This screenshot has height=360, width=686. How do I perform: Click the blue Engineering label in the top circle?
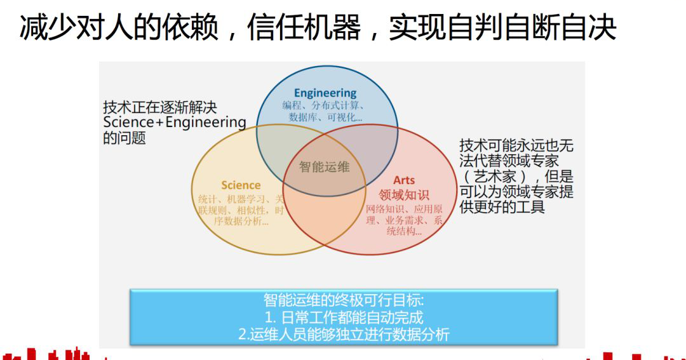tap(325, 93)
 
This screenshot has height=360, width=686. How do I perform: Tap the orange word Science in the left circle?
tap(241, 185)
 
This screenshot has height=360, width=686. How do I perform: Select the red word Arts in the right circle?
tap(404, 180)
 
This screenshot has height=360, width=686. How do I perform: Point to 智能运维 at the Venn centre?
tap(324, 166)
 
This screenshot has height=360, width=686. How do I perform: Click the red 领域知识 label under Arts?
tap(404, 194)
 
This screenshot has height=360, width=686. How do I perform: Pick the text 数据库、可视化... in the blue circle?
tap(325, 117)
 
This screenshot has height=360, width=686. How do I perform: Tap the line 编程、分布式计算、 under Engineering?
tap(323, 105)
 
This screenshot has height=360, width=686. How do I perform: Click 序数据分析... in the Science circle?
tap(241, 222)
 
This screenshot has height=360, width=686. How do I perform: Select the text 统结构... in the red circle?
tap(404, 231)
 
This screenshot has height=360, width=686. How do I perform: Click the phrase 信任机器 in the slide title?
tap(304, 27)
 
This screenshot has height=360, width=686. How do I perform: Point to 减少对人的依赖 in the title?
tap(119, 27)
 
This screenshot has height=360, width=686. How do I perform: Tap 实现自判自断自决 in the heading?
tap(502, 27)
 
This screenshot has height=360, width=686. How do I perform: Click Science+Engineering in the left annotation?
tap(175, 123)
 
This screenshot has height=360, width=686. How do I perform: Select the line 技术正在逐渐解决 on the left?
tap(159, 107)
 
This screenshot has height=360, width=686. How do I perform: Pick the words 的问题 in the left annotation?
tap(124, 138)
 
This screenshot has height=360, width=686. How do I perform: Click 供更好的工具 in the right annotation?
tap(502, 206)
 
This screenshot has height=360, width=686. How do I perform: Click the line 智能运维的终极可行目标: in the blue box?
tap(344, 300)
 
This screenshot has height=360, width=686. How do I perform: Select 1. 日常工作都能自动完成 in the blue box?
tap(344, 317)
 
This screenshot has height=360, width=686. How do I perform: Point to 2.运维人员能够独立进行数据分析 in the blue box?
tap(344, 334)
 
